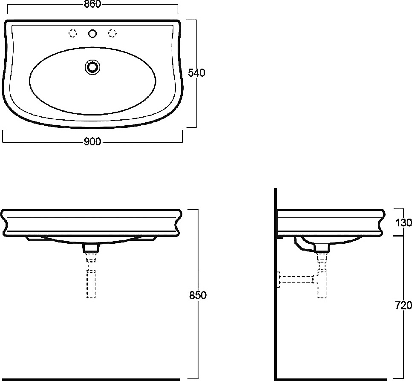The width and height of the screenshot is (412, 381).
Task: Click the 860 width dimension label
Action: coord(92,4)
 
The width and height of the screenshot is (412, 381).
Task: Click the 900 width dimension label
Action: coord(92,141)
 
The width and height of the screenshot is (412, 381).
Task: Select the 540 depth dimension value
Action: coord(196,72)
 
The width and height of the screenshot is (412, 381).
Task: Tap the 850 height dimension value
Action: coord(198,295)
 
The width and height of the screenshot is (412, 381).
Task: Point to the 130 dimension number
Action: coord(403,222)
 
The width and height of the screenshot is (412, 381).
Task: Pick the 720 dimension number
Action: coord(403,305)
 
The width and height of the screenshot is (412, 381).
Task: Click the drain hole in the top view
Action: coord(92,67)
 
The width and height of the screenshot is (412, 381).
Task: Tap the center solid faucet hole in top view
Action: coord(92,33)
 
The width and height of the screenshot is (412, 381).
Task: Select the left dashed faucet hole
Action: coord(72,33)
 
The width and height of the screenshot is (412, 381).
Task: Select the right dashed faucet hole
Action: coord(112,33)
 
